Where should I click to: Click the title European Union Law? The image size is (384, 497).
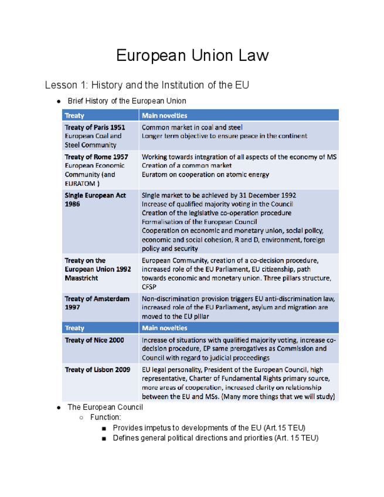[192, 56]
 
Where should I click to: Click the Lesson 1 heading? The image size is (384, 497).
[147, 85]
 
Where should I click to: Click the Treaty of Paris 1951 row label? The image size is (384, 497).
[94, 127]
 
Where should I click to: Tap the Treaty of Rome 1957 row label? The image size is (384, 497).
[96, 157]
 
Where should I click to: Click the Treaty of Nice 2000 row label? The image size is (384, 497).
[94, 341]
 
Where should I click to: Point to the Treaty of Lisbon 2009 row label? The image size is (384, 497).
[97, 370]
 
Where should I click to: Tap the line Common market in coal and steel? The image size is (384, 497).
[192, 127]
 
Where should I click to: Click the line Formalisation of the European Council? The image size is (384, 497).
[202, 222]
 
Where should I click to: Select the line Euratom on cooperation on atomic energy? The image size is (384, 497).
[205, 175]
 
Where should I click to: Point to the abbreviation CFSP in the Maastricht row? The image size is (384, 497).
[149, 287]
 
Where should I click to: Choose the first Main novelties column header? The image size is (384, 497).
[165, 115]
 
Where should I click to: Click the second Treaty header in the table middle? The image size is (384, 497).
[74, 328]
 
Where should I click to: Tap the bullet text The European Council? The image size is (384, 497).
[105, 407]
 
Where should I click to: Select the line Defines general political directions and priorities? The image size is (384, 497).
[215, 438]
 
